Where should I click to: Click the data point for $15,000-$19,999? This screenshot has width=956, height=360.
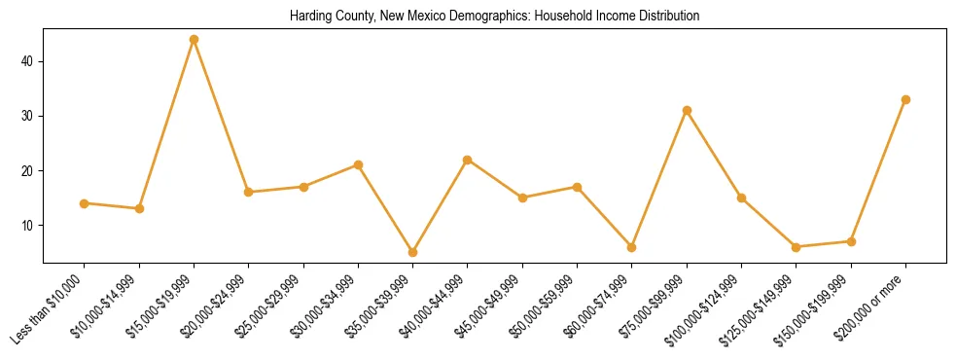[x=195, y=40]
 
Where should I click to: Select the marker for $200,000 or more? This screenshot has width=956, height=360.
[x=906, y=99]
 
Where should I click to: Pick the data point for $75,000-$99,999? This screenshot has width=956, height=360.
[x=688, y=110]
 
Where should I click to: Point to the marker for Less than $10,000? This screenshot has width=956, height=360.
[x=85, y=203]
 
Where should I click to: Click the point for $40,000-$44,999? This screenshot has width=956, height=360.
[x=468, y=160]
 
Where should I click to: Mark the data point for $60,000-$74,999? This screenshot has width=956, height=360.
[x=632, y=247]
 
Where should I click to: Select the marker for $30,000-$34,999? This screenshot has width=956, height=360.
[x=359, y=164]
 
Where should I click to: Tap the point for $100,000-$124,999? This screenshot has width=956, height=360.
[x=742, y=198]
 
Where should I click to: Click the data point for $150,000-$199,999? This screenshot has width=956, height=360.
[x=852, y=241]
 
